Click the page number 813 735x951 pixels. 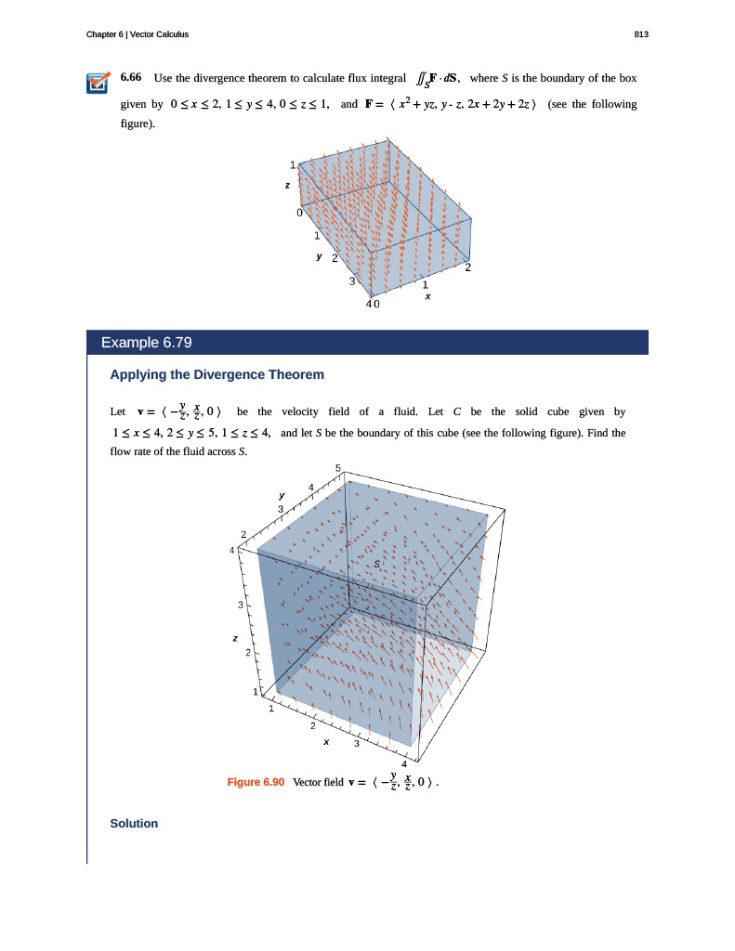pos(640,34)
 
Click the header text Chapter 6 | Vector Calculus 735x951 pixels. pos(137,34)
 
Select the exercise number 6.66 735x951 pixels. pos(132,77)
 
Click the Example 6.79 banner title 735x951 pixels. pos(146,343)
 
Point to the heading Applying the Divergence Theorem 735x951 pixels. pos(217,375)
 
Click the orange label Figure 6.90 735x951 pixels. pos(256,782)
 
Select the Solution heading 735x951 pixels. pos(134,824)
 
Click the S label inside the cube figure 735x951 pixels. pos(377,563)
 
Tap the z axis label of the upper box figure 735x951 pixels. pos(287,186)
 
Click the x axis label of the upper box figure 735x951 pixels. pos(427,296)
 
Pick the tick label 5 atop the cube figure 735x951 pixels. pos(338,467)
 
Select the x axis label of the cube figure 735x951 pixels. pos(325,743)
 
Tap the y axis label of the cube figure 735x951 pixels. pos(282,493)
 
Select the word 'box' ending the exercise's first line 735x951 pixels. pos(627,77)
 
